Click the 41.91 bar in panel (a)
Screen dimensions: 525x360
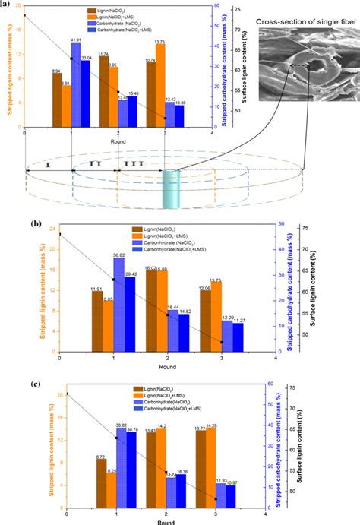76,84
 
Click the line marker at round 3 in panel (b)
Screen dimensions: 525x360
222,343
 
